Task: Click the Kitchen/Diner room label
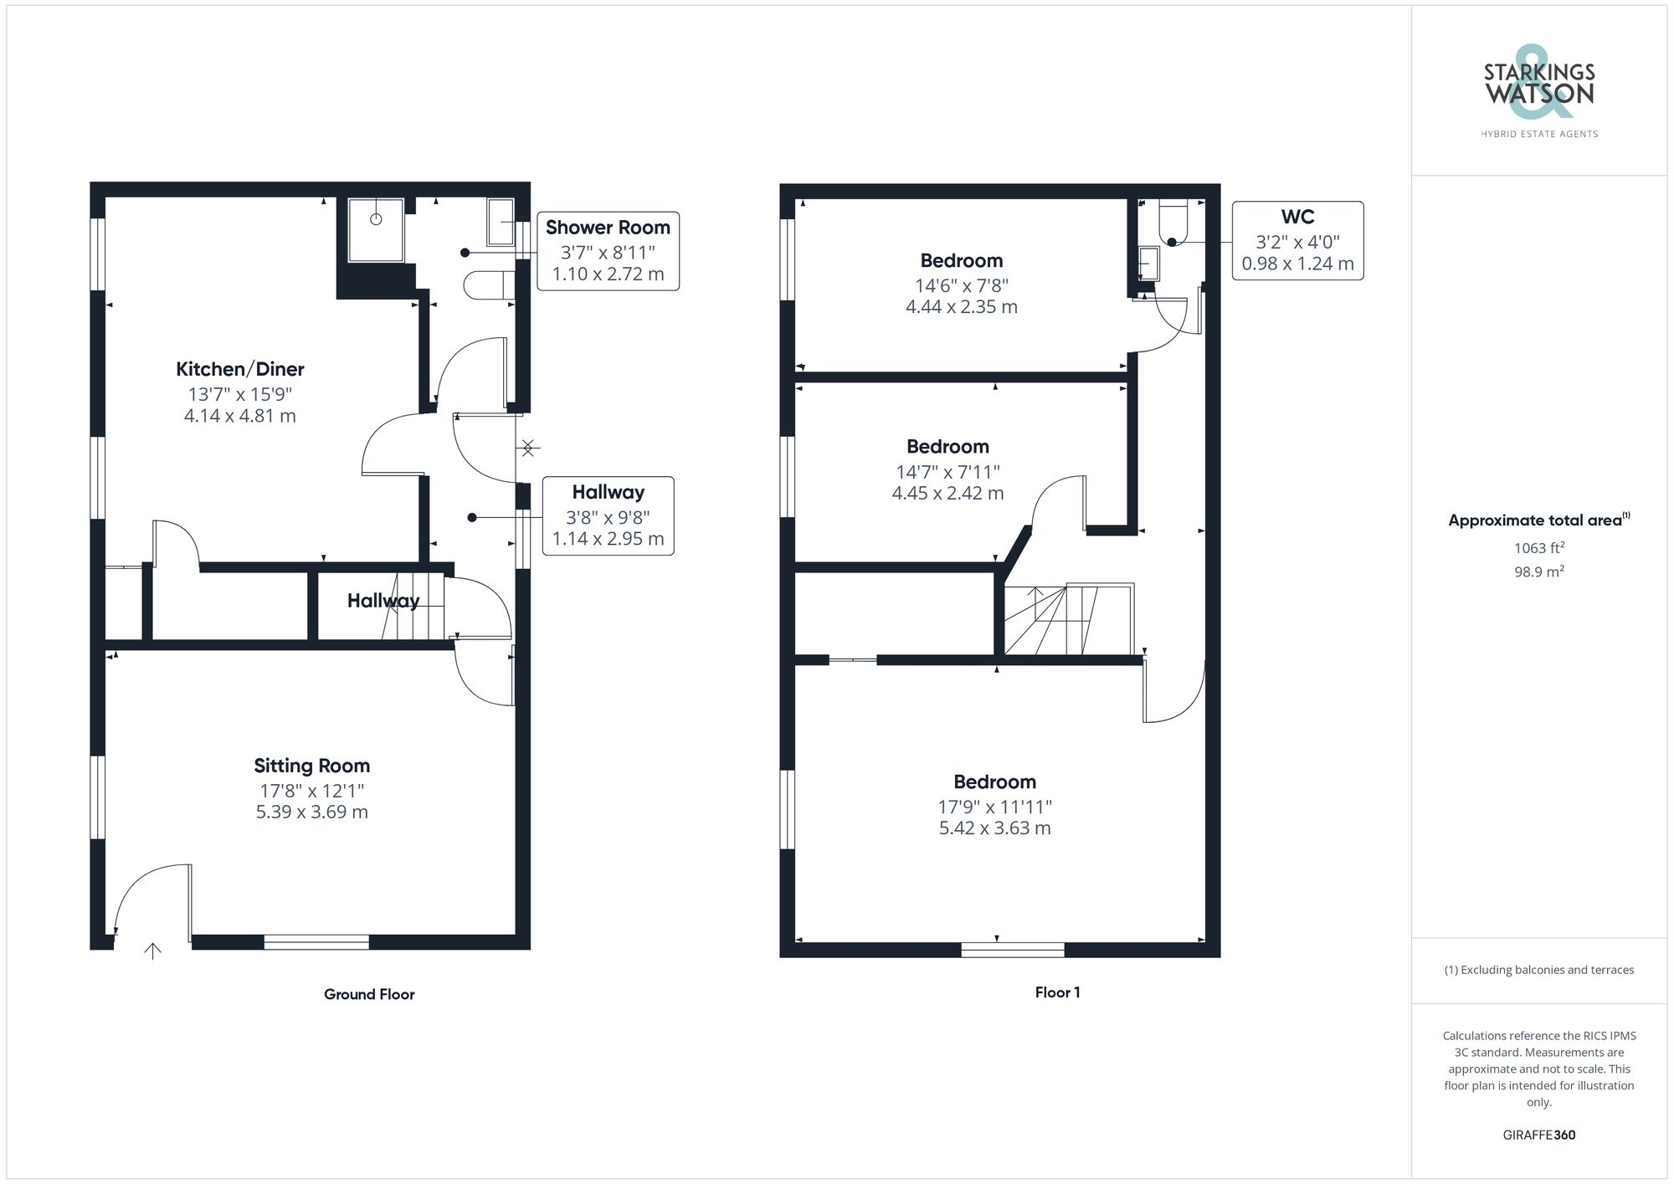pos(239,369)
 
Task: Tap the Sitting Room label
pos(311,766)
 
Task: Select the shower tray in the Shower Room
pos(376,228)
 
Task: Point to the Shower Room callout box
pos(608,250)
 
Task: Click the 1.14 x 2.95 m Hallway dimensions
pos(608,539)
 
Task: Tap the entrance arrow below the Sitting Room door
pos(152,951)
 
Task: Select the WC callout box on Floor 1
pos(1297,240)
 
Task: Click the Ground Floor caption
pos(369,994)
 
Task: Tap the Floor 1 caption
pos(1057,992)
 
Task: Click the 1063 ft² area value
pos(1538,548)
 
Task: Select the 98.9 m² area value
pos(1538,571)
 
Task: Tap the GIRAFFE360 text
pos(1538,1135)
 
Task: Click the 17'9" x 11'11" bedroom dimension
pos(994,807)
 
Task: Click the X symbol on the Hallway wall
pos(527,448)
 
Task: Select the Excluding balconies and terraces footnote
pos(1538,970)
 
